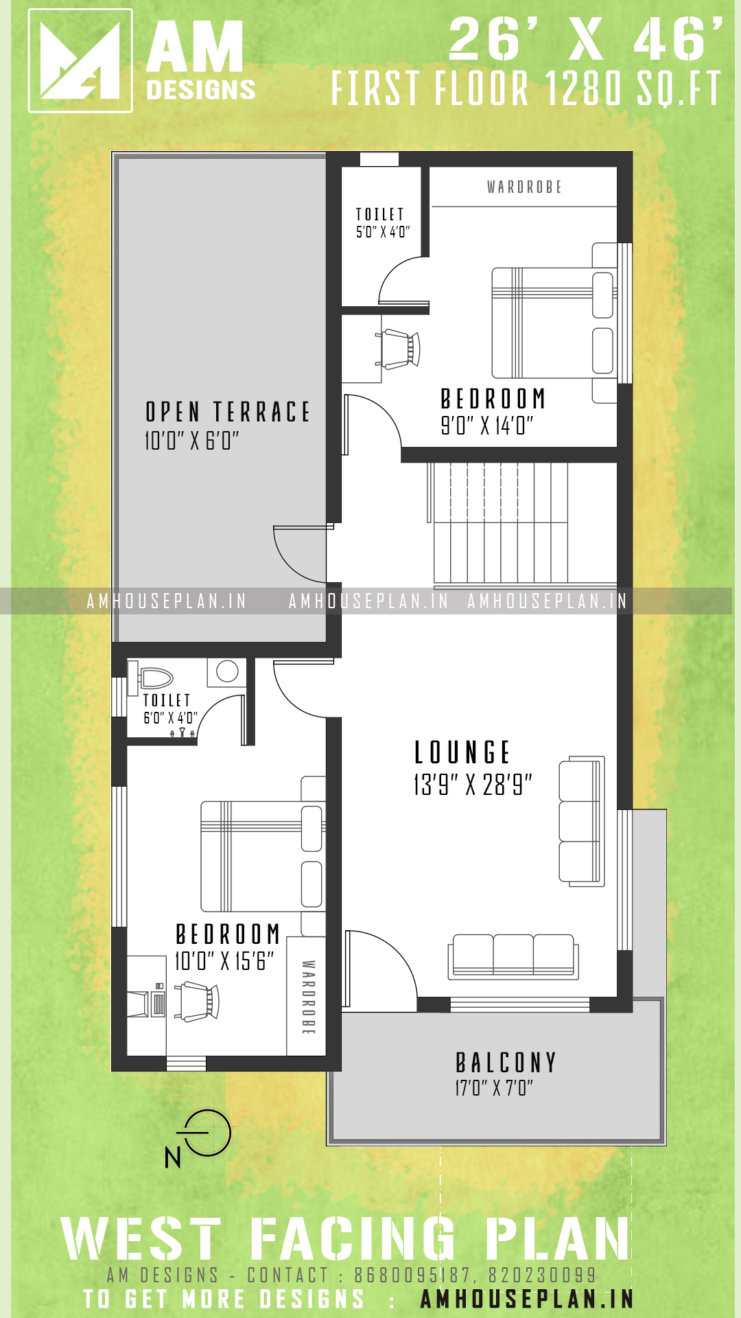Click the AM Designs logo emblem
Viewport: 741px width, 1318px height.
pyautogui.click(x=80, y=60)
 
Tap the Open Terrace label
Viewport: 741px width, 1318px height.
pyautogui.click(x=228, y=412)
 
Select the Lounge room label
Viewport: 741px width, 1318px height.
pyautogui.click(x=462, y=752)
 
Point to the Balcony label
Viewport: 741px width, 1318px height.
pyautogui.click(x=506, y=1063)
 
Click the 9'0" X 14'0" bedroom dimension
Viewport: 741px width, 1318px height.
pyautogui.click(x=486, y=426)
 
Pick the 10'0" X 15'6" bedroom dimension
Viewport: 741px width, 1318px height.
pyautogui.click(x=224, y=961)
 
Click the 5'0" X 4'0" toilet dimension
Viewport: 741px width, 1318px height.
pyautogui.click(x=383, y=232)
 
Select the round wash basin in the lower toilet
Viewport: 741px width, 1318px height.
pyautogui.click(x=227, y=671)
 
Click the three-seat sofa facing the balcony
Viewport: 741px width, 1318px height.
pyautogui.click(x=514, y=956)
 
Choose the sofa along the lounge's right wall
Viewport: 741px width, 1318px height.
pyautogui.click(x=582, y=822)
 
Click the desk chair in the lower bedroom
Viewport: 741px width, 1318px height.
pyautogui.click(x=197, y=1002)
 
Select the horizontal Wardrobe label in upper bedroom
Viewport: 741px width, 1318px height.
pyautogui.click(x=524, y=187)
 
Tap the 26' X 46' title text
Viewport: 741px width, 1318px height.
pyautogui.click(x=586, y=40)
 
